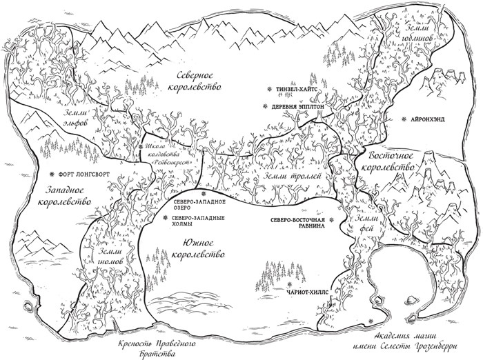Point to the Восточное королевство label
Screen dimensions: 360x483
click(x=386, y=160)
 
